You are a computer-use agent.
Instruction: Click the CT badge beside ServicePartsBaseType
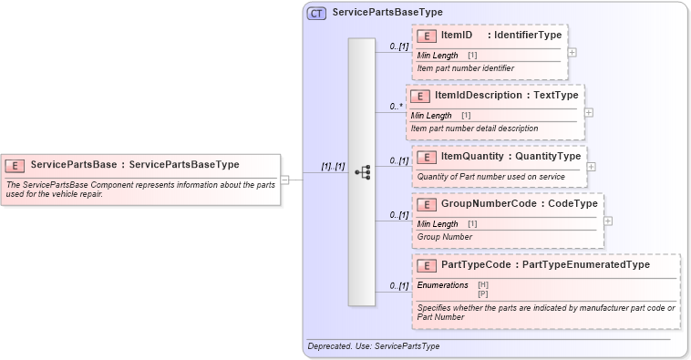(x=316, y=13)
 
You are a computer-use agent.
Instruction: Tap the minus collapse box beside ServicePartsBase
(x=285, y=180)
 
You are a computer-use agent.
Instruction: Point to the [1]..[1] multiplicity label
(x=333, y=167)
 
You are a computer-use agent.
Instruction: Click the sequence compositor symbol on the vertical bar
(x=362, y=171)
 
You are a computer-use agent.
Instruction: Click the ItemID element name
(x=457, y=35)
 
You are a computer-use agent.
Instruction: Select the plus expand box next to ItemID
(x=572, y=52)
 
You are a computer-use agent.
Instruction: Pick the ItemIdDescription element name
(x=470, y=95)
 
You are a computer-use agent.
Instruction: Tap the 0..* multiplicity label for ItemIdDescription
(x=397, y=107)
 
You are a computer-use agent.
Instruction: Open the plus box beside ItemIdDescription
(x=588, y=112)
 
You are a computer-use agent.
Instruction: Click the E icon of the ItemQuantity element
(x=427, y=157)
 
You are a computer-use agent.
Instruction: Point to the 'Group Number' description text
(x=444, y=237)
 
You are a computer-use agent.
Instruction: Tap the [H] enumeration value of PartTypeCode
(x=483, y=285)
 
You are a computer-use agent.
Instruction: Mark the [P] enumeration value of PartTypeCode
(x=483, y=293)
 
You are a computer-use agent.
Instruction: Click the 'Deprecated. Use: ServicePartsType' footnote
(x=374, y=347)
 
